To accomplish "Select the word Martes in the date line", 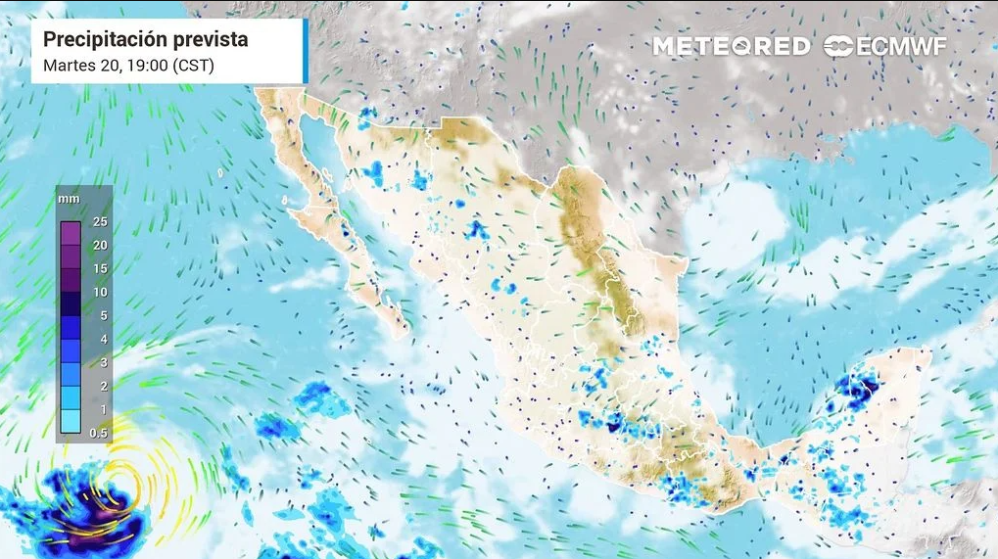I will (x=71, y=66).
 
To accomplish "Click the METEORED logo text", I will (x=732, y=46).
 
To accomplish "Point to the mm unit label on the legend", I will (x=69, y=199).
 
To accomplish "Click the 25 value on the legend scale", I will (x=100, y=222).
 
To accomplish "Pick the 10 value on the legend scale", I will (x=100, y=293).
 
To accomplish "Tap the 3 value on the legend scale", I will (x=100, y=363).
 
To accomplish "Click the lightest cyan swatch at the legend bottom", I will (x=70, y=422).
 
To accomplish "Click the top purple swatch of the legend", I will (x=70, y=234).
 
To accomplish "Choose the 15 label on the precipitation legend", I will (x=100, y=269).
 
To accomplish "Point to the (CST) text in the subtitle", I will (x=194, y=66).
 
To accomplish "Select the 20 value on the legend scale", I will (x=100, y=246).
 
